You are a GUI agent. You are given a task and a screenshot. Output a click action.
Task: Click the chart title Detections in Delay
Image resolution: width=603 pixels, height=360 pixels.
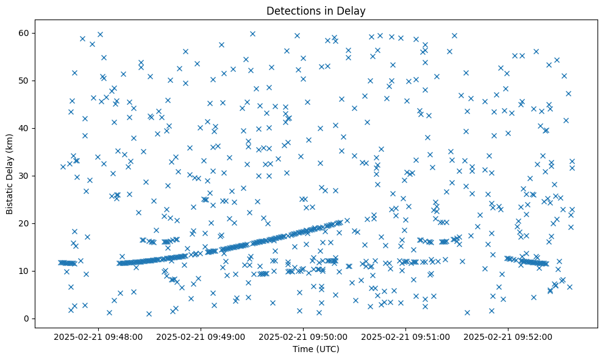point(316,11)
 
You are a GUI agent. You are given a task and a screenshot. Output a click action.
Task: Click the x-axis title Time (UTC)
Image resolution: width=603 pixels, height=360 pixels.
point(316,350)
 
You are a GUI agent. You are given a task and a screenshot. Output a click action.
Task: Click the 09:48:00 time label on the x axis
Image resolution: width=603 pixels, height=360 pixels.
point(98,336)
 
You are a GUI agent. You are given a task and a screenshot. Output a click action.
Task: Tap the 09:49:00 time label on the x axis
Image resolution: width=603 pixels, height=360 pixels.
point(201,336)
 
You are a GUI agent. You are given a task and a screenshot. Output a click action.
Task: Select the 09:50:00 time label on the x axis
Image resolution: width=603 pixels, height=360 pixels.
point(303,336)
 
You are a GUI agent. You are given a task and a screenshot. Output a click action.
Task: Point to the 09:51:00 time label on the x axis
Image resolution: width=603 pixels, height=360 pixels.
point(405,336)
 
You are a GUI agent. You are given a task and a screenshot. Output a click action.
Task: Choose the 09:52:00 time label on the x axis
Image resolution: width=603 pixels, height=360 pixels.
point(508,336)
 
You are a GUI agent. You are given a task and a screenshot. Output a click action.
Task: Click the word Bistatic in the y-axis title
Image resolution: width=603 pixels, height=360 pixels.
point(10,196)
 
